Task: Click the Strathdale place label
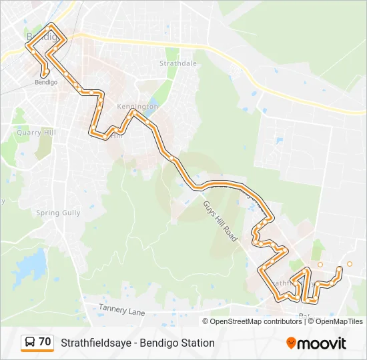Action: pos(178,63)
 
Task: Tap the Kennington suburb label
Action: pos(137,106)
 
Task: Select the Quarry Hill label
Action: pos(36,132)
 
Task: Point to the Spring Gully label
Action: pos(58,213)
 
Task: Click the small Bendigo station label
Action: pos(45,82)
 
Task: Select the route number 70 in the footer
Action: pos(45,342)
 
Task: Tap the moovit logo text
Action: pos(322,343)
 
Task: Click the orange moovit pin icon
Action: pos(291,343)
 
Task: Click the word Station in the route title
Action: pos(197,343)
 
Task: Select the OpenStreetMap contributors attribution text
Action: pos(256,321)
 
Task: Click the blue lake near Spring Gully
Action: pos(28,267)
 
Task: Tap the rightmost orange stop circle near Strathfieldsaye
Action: pos(349,264)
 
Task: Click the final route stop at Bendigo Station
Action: pos(45,73)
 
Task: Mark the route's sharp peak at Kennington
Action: pos(133,113)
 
